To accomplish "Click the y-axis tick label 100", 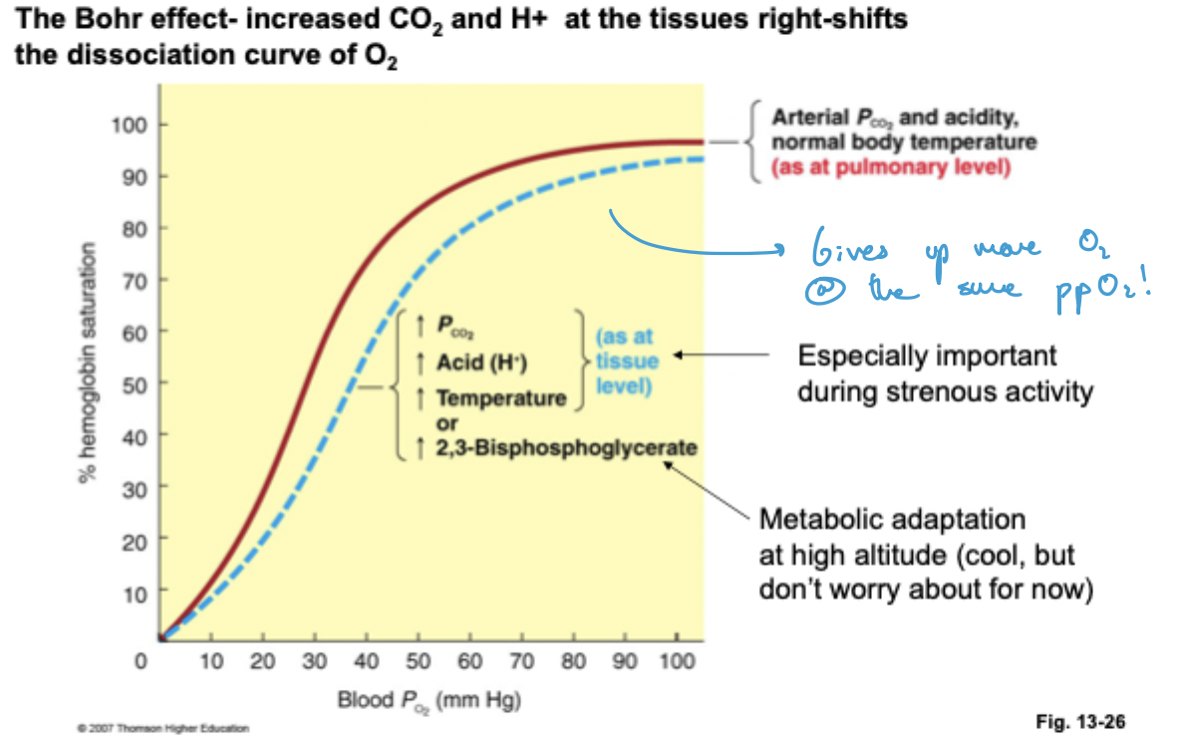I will point(133,125).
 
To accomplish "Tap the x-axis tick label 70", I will point(522,660).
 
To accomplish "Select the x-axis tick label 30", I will point(314,660).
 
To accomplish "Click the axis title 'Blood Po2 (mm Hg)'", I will point(430,700).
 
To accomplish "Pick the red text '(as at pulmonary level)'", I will point(891,166).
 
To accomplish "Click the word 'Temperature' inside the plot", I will point(499,398).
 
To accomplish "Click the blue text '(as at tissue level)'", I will point(625,361).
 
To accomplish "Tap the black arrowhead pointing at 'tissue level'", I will point(677,355).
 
